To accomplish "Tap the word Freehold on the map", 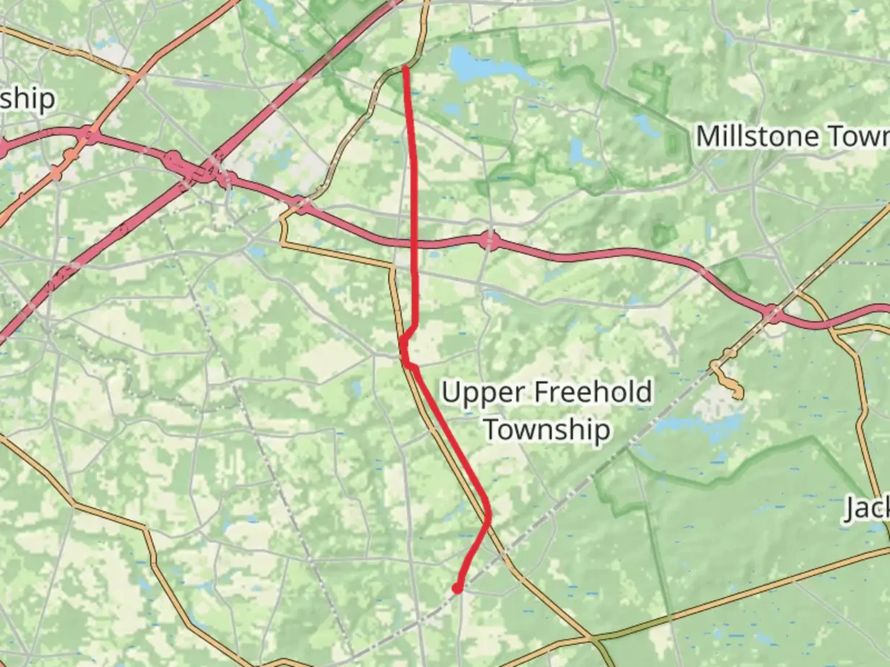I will pyautogui.click(x=592, y=392).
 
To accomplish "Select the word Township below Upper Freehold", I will pyautogui.click(x=547, y=430).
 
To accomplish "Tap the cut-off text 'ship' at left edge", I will pyautogui.click(x=27, y=99).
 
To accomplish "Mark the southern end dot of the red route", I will pyautogui.click(x=457, y=589).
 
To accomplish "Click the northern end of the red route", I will pyautogui.click(x=405, y=67).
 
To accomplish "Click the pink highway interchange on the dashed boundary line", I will pyautogui.click(x=773, y=314).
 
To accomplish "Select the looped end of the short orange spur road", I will pyautogui.click(x=737, y=392).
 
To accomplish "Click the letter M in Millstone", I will pyautogui.click(x=708, y=136).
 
